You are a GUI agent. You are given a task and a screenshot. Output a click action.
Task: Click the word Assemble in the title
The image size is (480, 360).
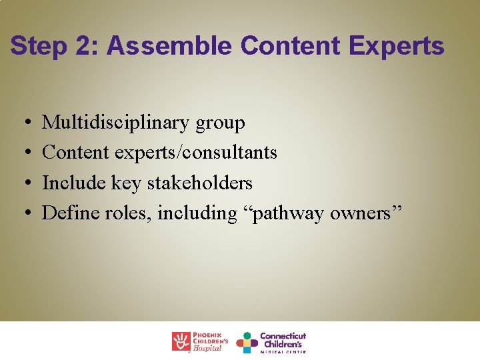click(x=169, y=46)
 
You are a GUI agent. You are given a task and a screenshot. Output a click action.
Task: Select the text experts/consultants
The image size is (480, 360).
click(x=196, y=153)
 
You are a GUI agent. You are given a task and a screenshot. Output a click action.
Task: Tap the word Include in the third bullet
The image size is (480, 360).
click(x=69, y=183)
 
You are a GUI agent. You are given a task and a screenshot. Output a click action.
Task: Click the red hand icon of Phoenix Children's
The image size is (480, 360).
click(x=181, y=341)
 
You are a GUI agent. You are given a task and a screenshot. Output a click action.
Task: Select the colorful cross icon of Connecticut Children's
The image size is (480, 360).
click(x=247, y=342)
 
